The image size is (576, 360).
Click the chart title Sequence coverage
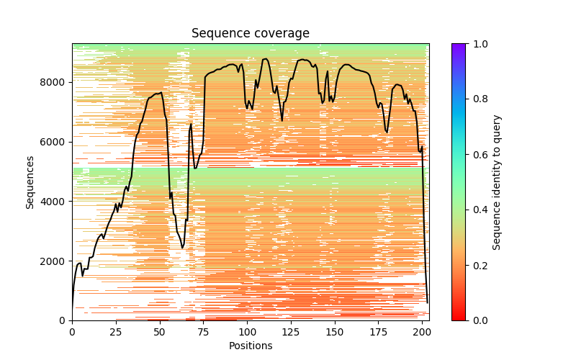(x=251, y=33)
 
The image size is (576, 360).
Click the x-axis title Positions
(x=251, y=346)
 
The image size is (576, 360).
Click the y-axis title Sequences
(x=30, y=181)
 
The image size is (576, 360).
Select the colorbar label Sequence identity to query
(x=497, y=181)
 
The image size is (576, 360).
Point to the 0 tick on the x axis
(x=72, y=331)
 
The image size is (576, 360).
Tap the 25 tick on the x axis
(x=116, y=331)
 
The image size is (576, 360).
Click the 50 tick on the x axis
(x=160, y=331)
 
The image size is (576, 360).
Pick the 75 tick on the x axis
(x=204, y=331)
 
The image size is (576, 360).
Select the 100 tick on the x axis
(x=248, y=331)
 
